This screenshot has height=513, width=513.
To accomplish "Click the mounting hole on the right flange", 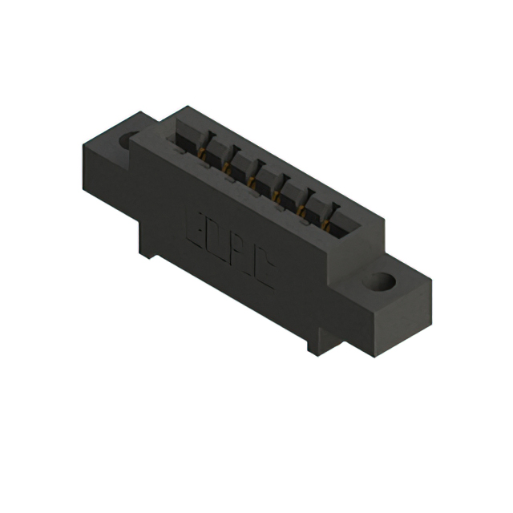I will coord(382,282).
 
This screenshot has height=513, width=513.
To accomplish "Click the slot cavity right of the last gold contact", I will coord(343,219).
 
